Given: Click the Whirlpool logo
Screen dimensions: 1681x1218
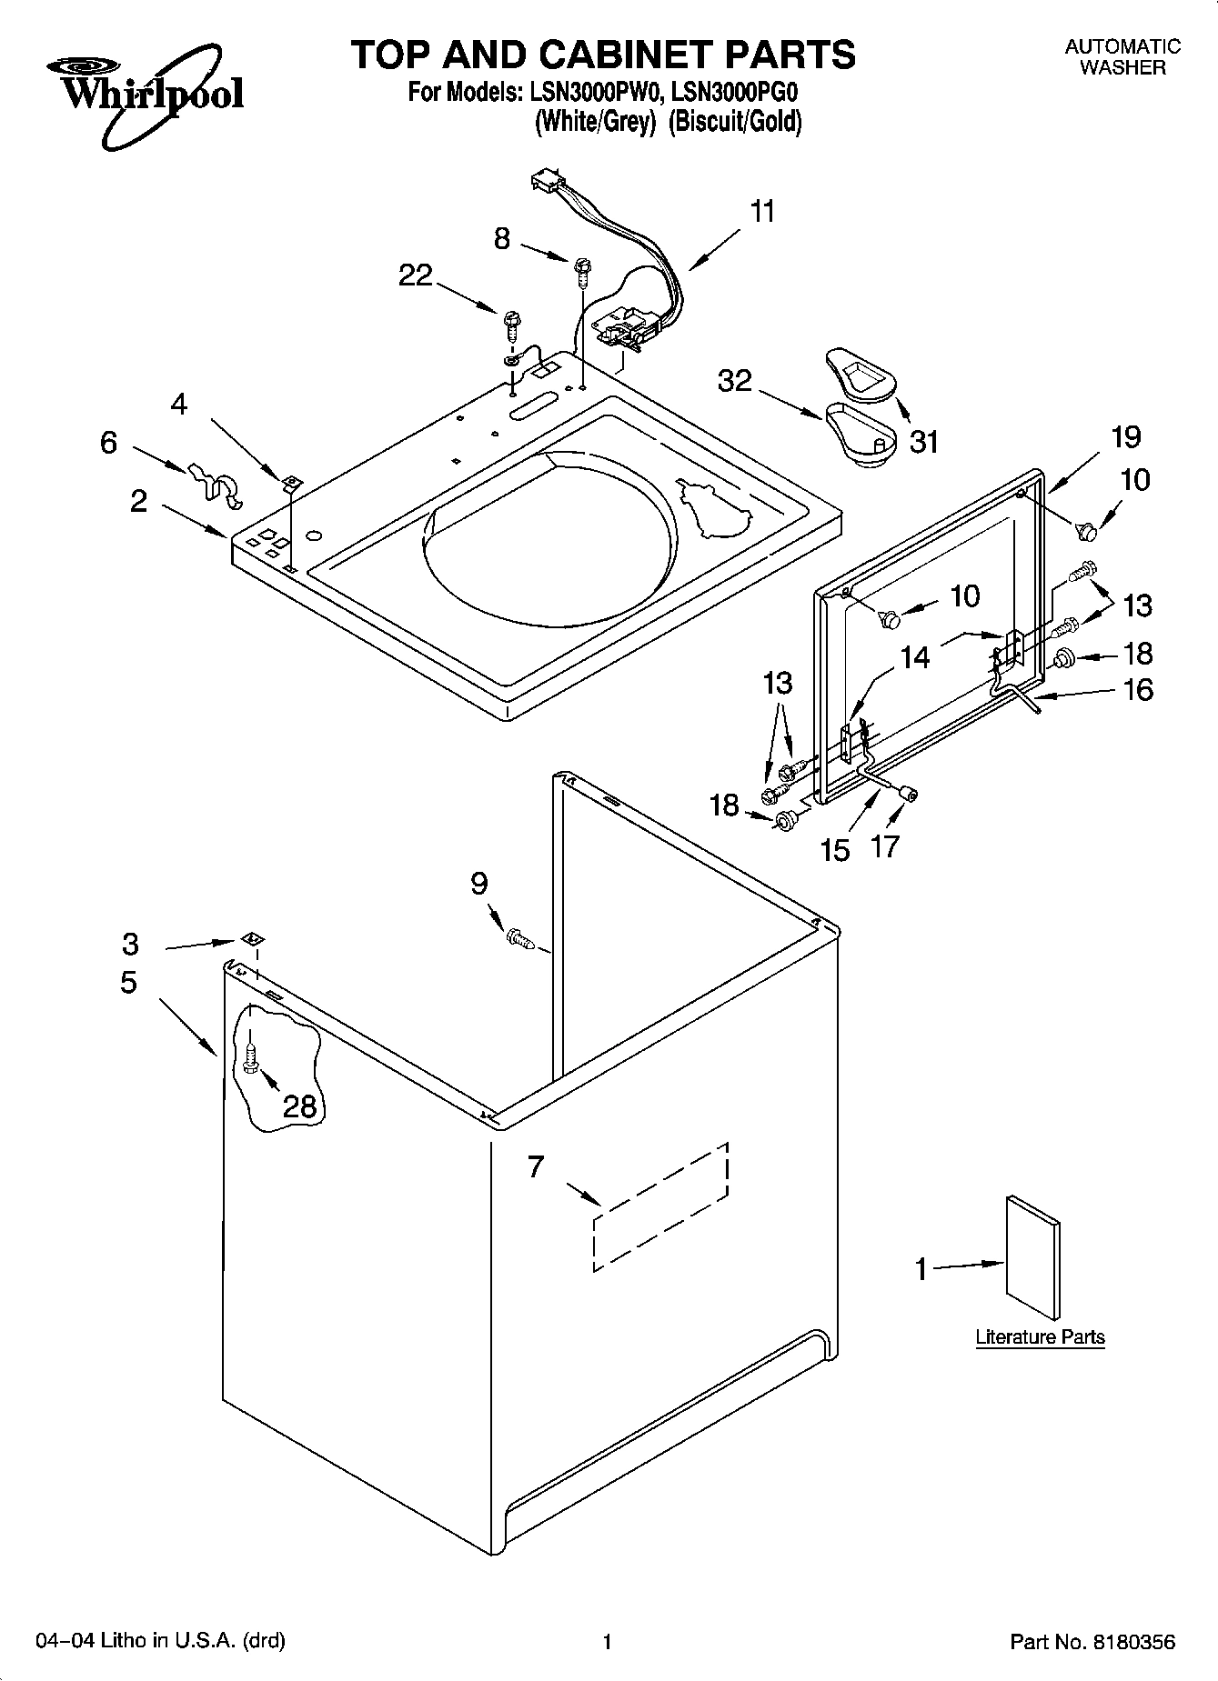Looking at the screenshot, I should pos(146,95).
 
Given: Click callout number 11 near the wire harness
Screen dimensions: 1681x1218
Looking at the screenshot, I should pos(762,212).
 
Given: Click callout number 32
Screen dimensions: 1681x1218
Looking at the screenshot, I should pos(735,380).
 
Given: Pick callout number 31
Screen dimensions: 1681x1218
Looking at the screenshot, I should pos(923,442).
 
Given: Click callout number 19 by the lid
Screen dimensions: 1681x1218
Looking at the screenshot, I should pos(1125,437).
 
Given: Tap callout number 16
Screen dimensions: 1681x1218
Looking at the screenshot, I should pos(1138,689).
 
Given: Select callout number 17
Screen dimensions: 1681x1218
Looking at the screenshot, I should pos(884,846).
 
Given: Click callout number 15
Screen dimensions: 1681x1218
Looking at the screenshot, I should pos(835,850).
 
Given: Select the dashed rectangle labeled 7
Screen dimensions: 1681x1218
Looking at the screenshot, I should pos(661,1206).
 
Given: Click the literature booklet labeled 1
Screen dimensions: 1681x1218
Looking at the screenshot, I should pos(1032,1258).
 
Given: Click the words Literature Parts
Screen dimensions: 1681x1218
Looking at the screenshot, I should pos(1040,1337).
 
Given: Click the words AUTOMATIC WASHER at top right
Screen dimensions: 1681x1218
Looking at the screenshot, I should pos(1122,56).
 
